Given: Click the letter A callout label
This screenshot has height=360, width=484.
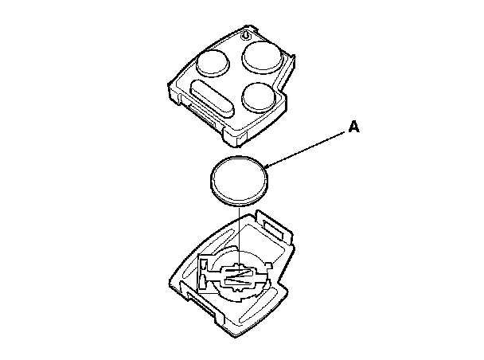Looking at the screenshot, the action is tap(354, 127).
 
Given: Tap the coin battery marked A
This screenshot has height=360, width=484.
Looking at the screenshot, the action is tap(240, 182).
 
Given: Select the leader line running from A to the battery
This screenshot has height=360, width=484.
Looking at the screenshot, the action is tap(305, 150).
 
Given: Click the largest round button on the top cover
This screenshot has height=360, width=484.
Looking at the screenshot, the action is tap(263, 57).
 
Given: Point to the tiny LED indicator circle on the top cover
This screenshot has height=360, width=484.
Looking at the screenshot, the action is tap(246, 36).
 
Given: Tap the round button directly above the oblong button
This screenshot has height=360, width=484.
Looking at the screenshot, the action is tap(213, 63).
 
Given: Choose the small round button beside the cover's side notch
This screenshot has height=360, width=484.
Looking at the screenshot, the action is tap(259, 96).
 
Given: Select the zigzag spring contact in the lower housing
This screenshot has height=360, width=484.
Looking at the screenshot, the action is tap(239, 274).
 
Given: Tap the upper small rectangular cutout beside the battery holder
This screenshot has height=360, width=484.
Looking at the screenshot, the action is tap(204, 265).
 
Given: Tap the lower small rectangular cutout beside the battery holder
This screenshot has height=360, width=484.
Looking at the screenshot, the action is tap(202, 282).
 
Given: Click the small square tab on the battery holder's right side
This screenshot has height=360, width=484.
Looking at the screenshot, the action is tap(269, 266).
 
